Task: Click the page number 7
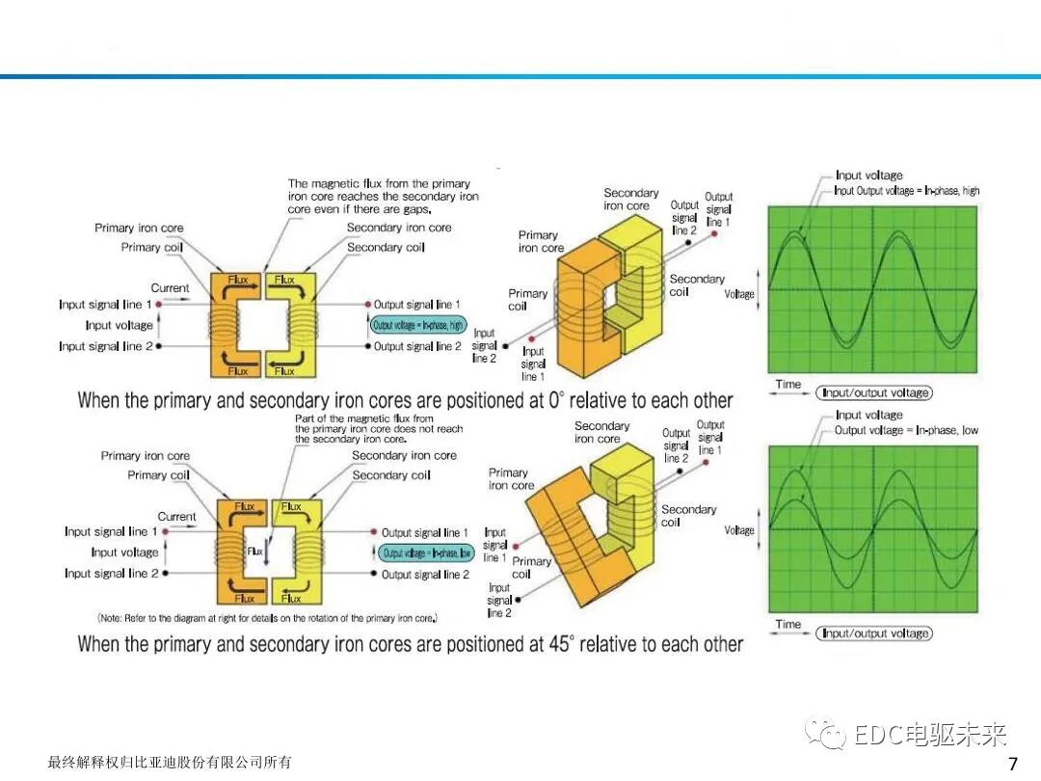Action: click(1012, 765)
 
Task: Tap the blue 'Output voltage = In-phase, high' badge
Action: click(418, 325)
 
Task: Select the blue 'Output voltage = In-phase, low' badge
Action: click(426, 552)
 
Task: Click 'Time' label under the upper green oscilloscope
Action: click(788, 385)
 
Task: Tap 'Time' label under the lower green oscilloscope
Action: click(788, 625)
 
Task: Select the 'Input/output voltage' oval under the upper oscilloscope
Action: click(875, 392)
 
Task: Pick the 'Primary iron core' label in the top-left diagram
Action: click(139, 229)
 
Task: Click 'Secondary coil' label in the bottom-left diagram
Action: click(391, 475)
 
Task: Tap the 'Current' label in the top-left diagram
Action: click(171, 288)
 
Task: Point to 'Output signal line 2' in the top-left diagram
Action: click(417, 346)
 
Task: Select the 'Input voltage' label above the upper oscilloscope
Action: click(869, 175)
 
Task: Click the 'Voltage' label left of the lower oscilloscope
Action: click(739, 530)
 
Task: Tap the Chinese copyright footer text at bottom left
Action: click(170, 763)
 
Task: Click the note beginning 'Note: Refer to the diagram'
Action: click(268, 618)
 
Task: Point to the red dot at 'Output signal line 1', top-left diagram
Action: click(368, 305)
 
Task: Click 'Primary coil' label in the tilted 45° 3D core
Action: click(531, 567)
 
